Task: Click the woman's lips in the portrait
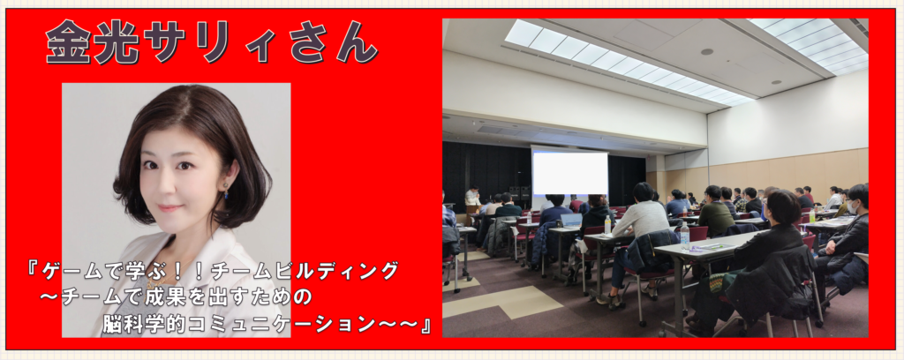[169, 206]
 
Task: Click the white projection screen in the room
[570, 172]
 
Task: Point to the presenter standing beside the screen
[473, 199]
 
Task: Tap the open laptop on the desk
[571, 220]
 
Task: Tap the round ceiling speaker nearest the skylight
[707, 52]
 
